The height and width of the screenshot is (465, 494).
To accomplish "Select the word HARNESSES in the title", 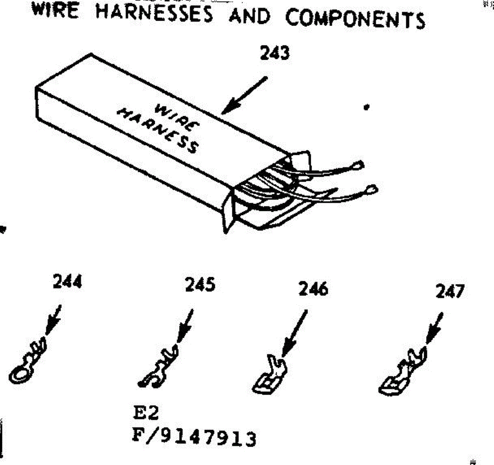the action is [x=154, y=14].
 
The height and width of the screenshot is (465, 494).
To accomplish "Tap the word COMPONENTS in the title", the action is [x=355, y=19].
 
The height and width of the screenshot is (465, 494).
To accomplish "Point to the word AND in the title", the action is [x=250, y=16].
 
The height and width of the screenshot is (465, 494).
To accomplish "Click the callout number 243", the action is [x=275, y=53].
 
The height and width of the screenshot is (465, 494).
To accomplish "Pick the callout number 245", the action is [x=200, y=284].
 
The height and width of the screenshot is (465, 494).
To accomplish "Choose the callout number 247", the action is [x=450, y=291].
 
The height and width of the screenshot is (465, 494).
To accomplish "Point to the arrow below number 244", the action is [x=53, y=319].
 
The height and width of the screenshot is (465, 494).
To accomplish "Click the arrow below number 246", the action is [x=294, y=333].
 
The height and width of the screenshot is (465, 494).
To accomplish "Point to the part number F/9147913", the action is [x=193, y=437].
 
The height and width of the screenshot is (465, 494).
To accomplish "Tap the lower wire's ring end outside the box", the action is [x=372, y=190].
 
